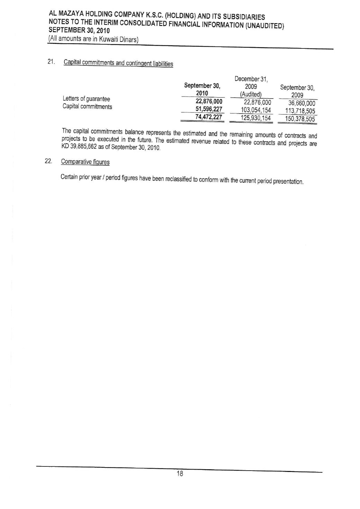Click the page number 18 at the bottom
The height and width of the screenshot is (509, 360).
click(x=180, y=474)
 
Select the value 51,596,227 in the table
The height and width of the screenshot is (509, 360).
click(x=209, y=109)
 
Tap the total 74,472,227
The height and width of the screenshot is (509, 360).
click(x=209, y=117)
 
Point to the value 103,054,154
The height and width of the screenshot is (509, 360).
click(x=256, y=110)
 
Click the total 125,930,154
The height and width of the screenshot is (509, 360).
click(x=256, y=118)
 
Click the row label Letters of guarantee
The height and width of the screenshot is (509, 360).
click(x=86, y=99)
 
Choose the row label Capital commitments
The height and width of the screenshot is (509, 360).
click(x=87, y=107)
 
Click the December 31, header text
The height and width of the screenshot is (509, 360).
click(x=251, y=79)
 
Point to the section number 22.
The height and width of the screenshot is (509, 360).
click(x=48, y=161)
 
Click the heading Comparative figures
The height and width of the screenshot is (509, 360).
click(x=85, y=162)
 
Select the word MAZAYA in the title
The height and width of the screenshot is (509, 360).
click(x=69, y=14)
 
